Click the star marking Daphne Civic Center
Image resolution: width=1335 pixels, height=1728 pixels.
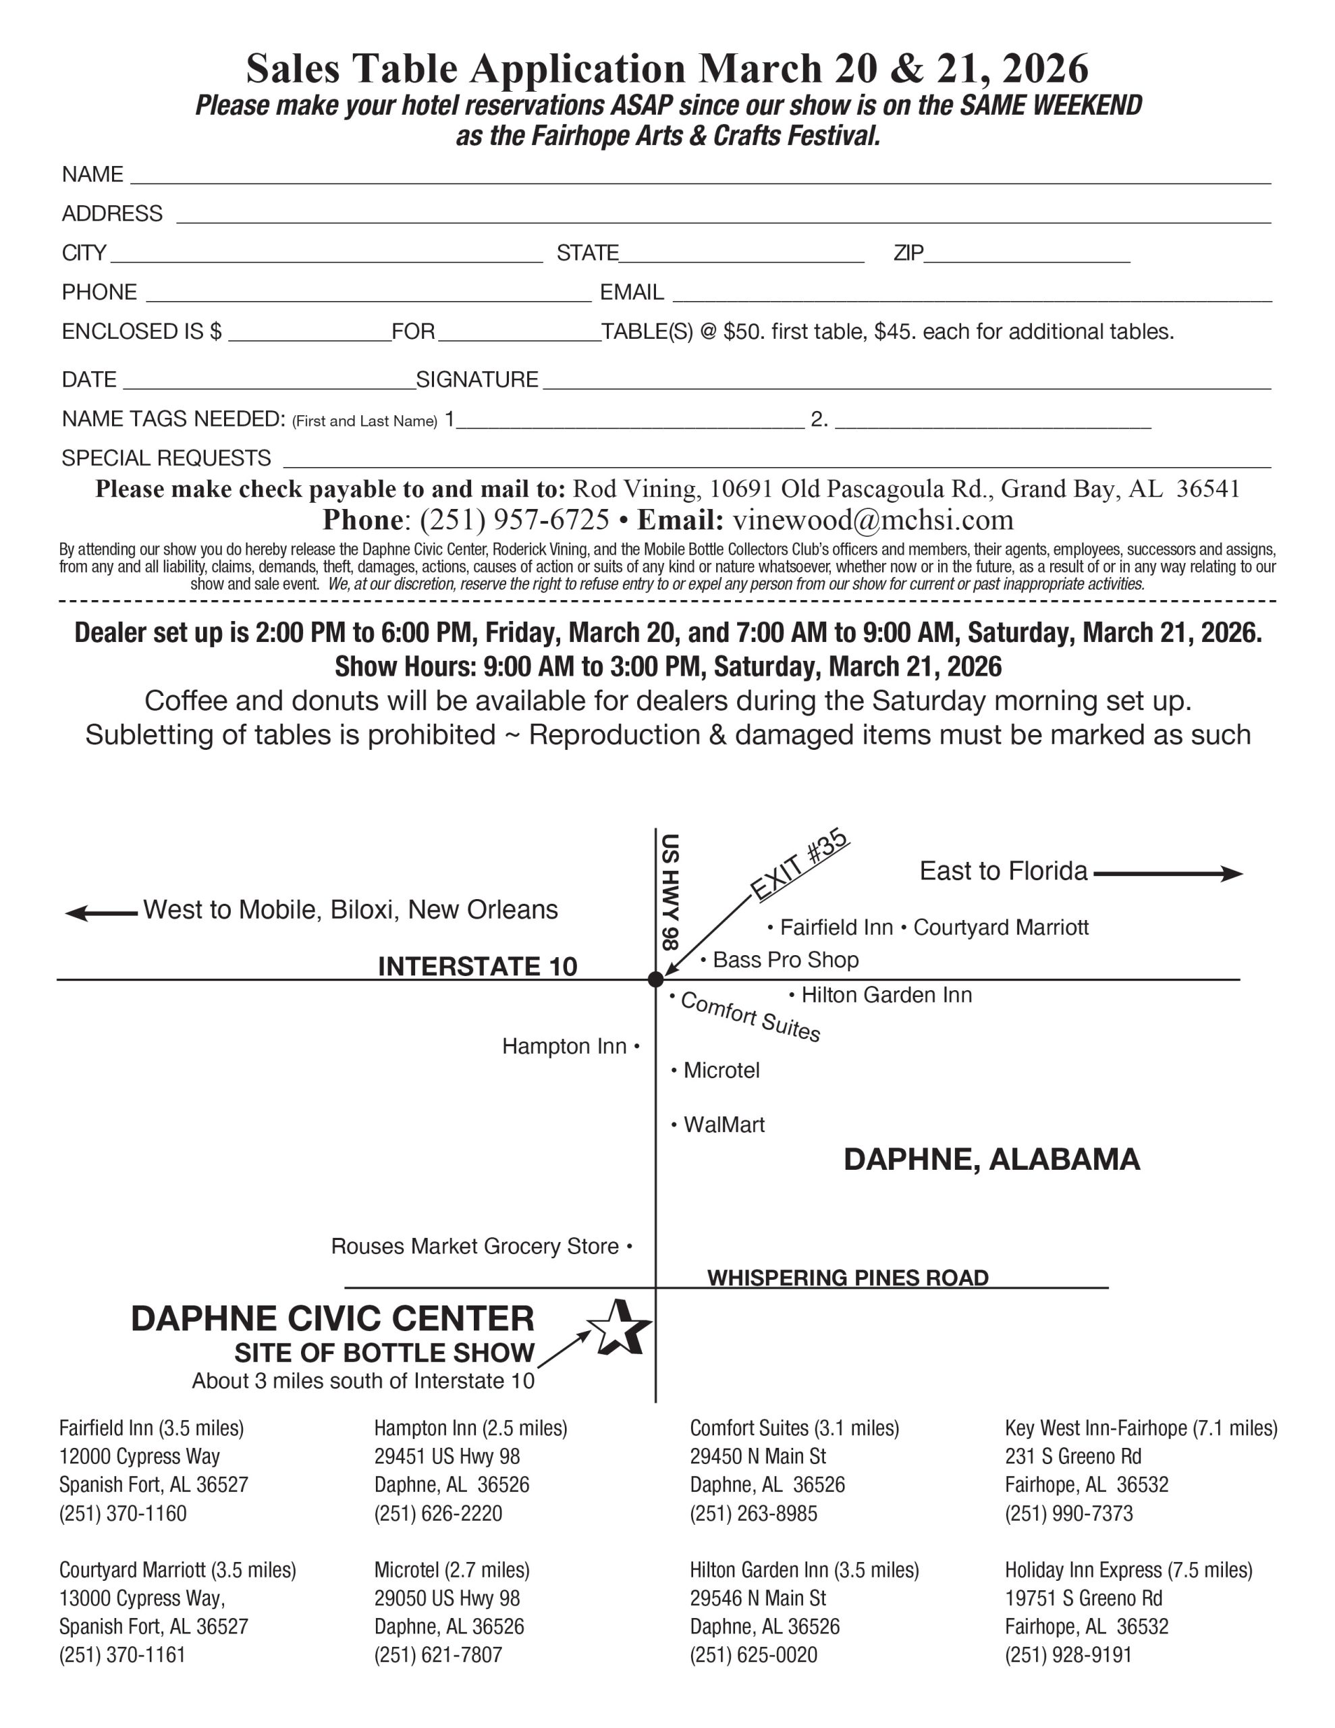click(620, 1327)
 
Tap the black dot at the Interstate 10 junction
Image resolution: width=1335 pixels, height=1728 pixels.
click(655, 979)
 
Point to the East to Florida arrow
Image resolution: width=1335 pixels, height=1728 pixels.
click(1167, 873)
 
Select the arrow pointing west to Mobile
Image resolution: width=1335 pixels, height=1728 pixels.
click(101, 913)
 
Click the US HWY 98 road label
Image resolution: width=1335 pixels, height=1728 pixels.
click(670, 892)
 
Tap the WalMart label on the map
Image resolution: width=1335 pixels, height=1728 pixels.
click(724, 1125)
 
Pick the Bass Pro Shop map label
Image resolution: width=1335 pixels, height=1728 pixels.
click(785, 960)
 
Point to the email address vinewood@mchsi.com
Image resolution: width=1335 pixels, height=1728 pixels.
click(873, 520)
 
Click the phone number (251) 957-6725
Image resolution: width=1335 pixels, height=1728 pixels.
click(514, 520)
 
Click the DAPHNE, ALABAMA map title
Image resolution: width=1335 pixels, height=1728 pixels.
click(991, 1159)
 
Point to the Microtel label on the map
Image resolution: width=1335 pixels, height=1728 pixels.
click(721, 1071)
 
